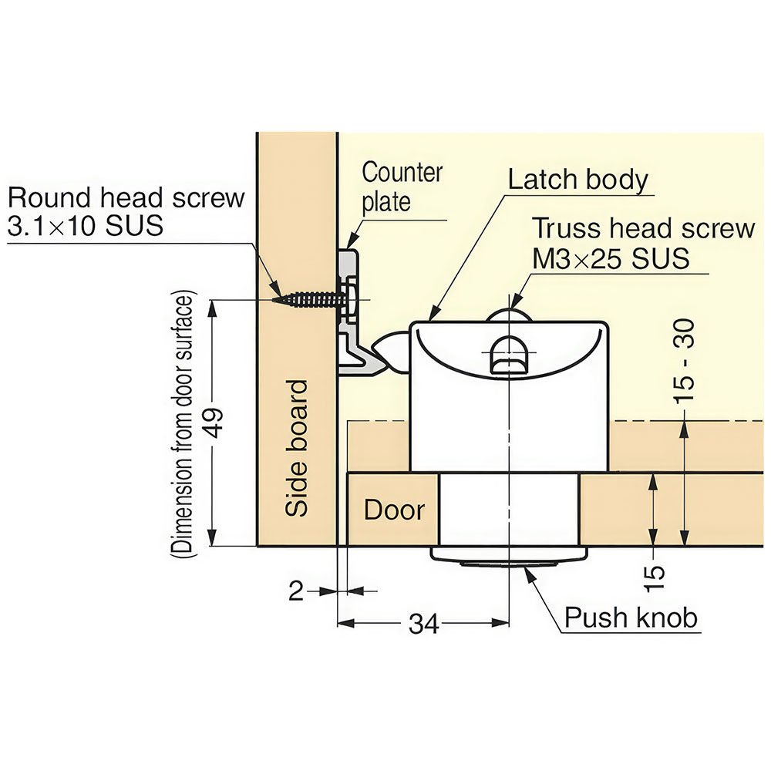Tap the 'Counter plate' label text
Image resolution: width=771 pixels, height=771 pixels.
tap(402, 186)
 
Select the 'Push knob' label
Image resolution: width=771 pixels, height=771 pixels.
tap(631, 618)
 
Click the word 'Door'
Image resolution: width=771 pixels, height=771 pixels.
tap(394, 510)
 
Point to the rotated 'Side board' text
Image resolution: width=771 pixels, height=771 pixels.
tap(297, 448)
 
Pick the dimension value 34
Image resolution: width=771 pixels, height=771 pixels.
tap(423, 624)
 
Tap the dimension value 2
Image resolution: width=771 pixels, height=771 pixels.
tap(297, 591)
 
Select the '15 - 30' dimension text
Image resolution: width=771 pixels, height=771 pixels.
tap(684, 360)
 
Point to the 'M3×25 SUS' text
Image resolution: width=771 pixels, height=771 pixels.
tap(611, 258)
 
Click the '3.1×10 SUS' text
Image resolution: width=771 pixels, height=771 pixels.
tap(86, 226)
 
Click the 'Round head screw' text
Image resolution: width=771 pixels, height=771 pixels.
tap(126, 197)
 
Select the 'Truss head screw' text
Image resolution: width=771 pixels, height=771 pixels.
tap(644, 229)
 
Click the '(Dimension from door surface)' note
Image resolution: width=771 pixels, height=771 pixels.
tap(183, 423)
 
